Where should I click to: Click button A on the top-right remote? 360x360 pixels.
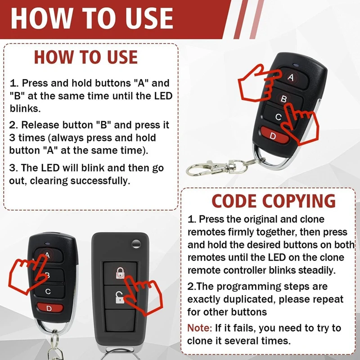[290, 78]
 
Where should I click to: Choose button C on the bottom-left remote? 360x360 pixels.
[48, 292]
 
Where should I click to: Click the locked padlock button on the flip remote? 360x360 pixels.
[120, 272]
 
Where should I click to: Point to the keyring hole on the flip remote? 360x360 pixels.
[134, 243]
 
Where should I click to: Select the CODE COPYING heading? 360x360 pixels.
[274, 201]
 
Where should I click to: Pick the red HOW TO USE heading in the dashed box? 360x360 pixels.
[85, 57]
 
